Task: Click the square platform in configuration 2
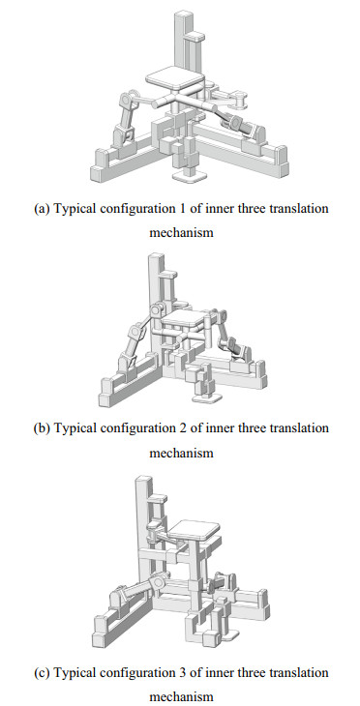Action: click(x=184, y=319)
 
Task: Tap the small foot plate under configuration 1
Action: click(x=189, y=175)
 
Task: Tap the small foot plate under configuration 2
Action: click(x=207, y=397)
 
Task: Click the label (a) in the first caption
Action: click(x=42, y=209)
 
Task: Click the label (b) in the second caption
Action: click(x=42, y=428)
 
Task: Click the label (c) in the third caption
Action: click(x=42, y=673)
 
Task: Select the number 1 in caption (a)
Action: click(x=182, y=209)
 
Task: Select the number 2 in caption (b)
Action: click(x=182, y=428)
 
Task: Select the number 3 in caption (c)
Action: click(x=182, y=673)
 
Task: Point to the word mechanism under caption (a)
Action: click(x=181, y=232)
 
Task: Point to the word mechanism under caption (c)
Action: click(x=181, y=696)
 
